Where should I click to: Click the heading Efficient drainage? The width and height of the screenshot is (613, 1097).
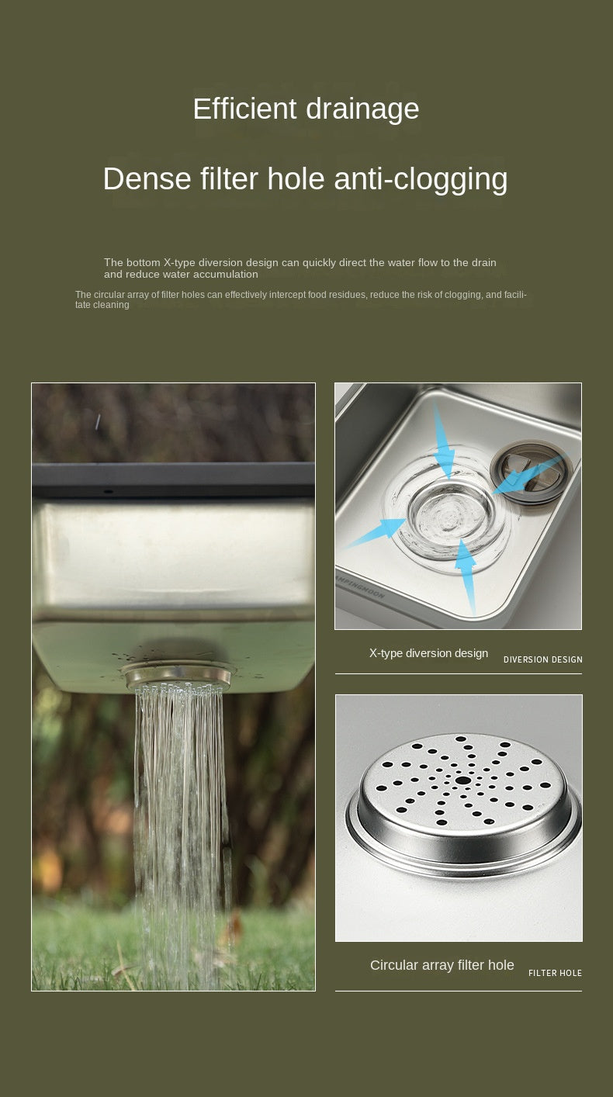[x=306, y=109]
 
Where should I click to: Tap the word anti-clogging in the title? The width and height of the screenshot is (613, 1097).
[x=421, y=178]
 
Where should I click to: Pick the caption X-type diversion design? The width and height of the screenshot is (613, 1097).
[x=428, y=653]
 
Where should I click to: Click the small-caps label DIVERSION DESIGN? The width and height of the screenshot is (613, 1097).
[x=542, y=659]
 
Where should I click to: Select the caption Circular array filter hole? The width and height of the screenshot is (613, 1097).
[x=442, y=965]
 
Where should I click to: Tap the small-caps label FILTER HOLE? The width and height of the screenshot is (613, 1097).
[x=555, y=973]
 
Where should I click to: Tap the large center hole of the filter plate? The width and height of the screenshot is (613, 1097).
[x=463, y=780]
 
